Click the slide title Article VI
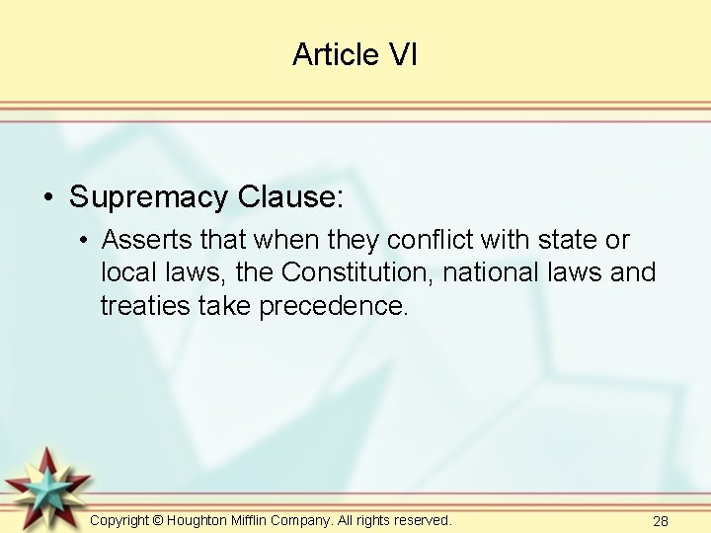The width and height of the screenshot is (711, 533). [355, 55]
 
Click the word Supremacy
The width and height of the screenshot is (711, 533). [148, 197]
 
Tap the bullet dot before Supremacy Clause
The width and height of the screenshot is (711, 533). [48, 198]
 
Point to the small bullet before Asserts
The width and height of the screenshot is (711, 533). [86, 241]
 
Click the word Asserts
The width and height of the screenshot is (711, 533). [150, 240]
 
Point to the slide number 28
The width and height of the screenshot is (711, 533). [661, 521]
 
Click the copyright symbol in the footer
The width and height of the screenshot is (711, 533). [158, 520]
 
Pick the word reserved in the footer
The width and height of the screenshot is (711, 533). [419, 520]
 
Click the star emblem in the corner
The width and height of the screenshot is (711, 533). [46, 487]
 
